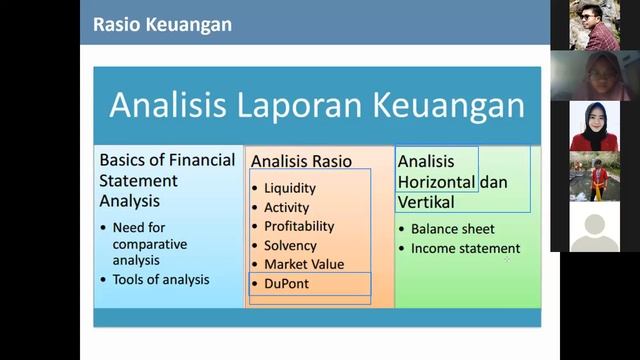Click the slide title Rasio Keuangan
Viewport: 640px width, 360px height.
(x=162, y=24)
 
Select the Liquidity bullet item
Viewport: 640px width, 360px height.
(x=290, y=188)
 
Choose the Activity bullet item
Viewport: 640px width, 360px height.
(x=287, y=207)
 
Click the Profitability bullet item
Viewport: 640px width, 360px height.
(x=299, y=226)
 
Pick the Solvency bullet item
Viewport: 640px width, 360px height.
(x=290, y=245)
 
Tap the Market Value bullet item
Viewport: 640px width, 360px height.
(x=304, y=264)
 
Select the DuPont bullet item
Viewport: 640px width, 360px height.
(x=286, y=284)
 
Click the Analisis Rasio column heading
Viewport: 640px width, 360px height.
(x=297, y=161)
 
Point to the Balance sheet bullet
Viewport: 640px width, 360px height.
(x=452, y=229)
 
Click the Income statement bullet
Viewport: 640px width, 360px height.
(x=465, y=248)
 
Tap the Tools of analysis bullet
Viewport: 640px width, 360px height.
(x=161, y=279)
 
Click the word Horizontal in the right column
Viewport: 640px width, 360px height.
(x=436, y=182)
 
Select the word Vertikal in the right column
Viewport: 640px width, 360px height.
(x=426, y=202)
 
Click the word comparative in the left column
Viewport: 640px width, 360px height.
(x=150, y=244)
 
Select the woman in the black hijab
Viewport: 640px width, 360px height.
(x=594, y=126)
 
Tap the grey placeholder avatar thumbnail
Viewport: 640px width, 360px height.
(x=594, y=227)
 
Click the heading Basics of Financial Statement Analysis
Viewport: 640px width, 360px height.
(x=167, y=180)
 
